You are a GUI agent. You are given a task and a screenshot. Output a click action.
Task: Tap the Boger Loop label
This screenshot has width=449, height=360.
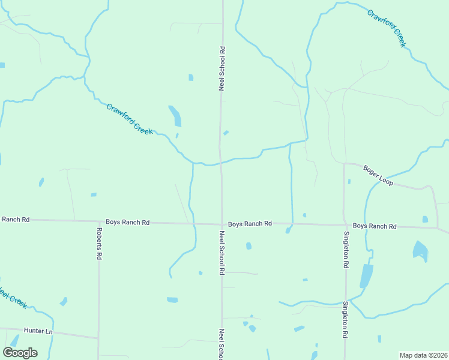tap(378, 175)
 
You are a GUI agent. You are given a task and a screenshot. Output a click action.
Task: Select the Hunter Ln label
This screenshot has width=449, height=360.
tap(38, 331)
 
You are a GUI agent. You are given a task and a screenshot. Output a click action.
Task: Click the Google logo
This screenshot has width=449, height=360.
tap(20, 353)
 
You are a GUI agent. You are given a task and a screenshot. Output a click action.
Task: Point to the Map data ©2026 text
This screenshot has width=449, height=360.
tap(423, 355)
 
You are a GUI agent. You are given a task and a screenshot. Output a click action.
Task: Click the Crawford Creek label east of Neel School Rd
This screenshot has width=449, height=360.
tap(387, 28)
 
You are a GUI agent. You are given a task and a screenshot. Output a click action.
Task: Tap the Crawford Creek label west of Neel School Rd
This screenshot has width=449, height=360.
tap(130, 119)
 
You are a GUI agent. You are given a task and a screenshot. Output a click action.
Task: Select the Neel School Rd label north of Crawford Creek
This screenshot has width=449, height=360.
tap(222, 68)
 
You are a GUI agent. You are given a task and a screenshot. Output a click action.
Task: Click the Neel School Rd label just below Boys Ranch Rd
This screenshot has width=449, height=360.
tap(221, 253)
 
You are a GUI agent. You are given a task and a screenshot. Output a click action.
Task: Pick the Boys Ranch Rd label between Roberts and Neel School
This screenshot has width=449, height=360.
tap(128, 222)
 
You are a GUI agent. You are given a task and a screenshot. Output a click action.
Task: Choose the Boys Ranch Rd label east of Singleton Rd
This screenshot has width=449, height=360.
tap(375, 226)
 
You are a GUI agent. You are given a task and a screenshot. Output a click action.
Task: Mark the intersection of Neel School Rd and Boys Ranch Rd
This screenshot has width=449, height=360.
tap(221, 224)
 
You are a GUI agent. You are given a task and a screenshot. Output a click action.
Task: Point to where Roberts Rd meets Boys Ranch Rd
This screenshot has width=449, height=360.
tap(99, 222)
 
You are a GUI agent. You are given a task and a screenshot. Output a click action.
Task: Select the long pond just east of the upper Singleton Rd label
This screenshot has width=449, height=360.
tap(366, 277)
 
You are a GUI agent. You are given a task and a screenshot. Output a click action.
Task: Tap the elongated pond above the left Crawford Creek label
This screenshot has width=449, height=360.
tap(175, 116)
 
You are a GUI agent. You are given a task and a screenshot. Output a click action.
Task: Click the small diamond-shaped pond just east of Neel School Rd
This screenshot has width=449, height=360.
tap(226, 133)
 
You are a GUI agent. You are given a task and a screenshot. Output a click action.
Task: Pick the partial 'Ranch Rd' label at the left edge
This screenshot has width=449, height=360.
tap(14, 220)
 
